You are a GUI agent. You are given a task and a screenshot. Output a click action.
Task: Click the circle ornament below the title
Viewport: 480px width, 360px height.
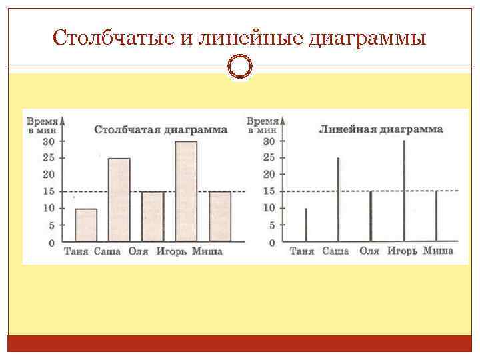[239, 67]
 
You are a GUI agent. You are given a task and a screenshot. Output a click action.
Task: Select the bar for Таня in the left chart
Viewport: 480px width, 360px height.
[86, 225]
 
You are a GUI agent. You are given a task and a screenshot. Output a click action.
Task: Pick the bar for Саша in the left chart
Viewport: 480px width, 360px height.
[119, 200]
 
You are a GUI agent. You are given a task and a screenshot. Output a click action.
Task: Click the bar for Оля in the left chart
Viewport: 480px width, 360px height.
[153, 217]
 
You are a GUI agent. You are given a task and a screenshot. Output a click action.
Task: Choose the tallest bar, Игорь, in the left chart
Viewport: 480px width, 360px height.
[186, 191]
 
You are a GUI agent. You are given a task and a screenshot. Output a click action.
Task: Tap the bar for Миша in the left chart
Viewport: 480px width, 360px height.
[219, 217]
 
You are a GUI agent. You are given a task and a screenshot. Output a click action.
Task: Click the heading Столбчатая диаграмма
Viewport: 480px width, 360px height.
[161, 129]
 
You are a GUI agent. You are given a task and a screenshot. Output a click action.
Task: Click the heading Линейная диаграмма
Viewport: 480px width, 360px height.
[381, 129]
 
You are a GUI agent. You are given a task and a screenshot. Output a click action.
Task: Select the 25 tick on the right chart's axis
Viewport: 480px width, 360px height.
[269, 158]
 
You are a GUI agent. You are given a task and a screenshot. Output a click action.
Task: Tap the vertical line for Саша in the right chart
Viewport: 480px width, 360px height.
[338, 200]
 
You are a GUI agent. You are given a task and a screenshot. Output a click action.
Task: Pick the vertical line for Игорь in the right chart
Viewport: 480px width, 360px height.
[404, 191]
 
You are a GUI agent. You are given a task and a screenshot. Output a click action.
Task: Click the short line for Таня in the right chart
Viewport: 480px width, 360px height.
[306, 225]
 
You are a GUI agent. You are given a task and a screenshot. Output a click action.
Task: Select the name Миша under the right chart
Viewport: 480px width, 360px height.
[438, 251]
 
